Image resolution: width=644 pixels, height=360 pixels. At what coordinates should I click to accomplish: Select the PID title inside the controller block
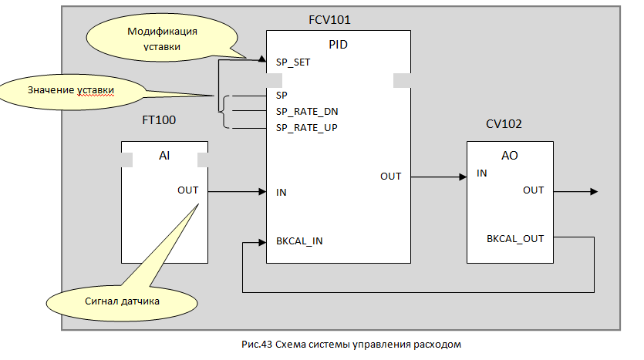click(339, 45)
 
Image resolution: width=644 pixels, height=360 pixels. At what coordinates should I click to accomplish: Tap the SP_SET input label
click(293, 62)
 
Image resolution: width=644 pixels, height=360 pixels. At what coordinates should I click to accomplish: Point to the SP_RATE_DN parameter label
click(306, 111)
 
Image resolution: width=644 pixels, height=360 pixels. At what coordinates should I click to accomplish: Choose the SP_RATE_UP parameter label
click(306, 127)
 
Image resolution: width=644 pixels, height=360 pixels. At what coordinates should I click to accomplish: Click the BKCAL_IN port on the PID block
click(299, 241)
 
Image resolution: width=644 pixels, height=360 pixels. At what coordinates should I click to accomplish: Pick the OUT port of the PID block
click(390, 177)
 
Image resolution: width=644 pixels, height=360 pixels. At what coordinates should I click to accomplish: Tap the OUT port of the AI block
click(187, 190)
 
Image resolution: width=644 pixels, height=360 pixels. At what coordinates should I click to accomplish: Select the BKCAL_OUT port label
click(515, 238)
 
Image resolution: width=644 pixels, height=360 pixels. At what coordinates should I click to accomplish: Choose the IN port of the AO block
click(482, 173)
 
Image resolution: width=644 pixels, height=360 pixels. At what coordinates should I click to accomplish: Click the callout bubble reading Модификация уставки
click(163, 39)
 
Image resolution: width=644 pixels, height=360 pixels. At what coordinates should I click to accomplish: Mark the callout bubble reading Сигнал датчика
click(123, 301)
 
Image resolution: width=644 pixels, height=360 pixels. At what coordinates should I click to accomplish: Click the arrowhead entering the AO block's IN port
click(463, 177)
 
